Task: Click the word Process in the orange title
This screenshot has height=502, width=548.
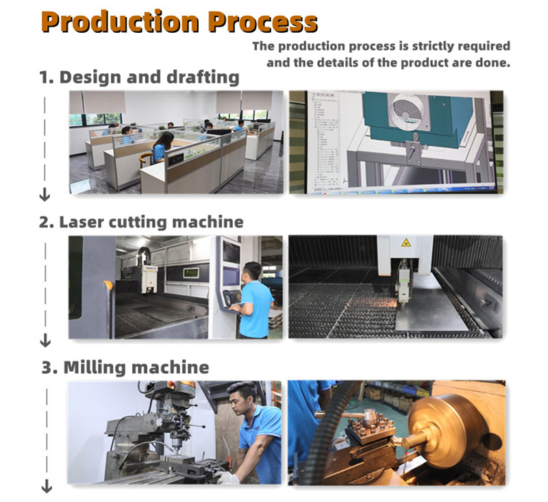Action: [263, 22]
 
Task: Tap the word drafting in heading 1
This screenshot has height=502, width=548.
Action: [203, 77]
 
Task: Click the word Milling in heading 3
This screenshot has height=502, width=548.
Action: [95, 368]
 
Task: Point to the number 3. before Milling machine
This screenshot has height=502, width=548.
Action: [49, 368]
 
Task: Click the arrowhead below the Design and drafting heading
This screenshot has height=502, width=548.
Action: [45, 194]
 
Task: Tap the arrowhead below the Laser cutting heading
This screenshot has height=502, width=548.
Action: [45, 340]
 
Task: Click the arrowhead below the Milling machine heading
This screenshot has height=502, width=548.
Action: [47, 486]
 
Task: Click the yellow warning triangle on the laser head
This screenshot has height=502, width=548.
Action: [406, 242]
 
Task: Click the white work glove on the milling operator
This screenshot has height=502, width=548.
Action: [227, 477]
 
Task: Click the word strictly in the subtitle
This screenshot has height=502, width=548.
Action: [433, 47]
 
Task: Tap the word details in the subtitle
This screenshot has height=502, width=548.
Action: [338, 63]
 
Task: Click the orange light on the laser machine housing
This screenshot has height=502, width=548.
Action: [108, 285]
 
